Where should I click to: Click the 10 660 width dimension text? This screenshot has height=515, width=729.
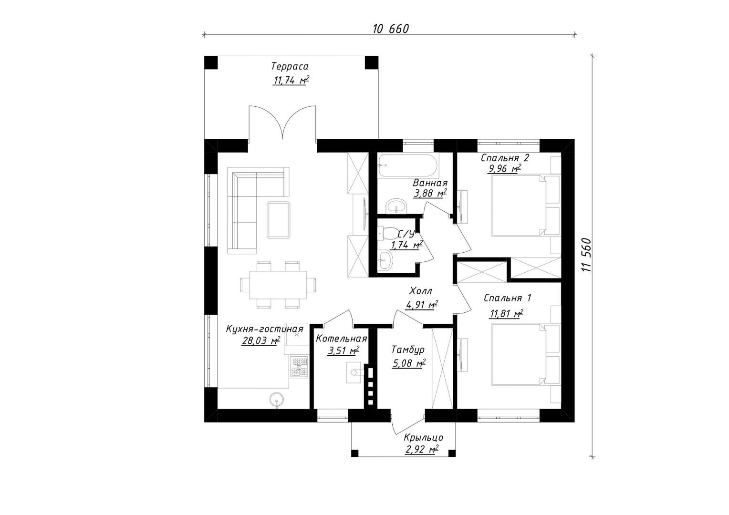(x=391, y=29)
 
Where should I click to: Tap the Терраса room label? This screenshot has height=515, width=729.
(x=290, y=66)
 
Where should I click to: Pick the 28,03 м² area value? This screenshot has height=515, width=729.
(x=260, y=341)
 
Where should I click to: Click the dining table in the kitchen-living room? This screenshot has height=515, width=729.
(x=279, y=284)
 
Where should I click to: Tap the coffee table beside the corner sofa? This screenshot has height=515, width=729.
(x=279, y=219)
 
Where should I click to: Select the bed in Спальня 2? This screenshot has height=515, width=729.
(x=518, y=205)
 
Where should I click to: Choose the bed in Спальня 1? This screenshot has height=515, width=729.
(x=518, y=354)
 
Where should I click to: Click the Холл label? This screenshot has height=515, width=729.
(x=421, y=291)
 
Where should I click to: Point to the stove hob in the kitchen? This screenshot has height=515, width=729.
(x=299, y=368)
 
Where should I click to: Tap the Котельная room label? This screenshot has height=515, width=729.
(x=341, y=339)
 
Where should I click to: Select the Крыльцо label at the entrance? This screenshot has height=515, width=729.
(x=423, y=438)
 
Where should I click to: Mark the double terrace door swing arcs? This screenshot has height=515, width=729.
(x=282, y=122)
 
